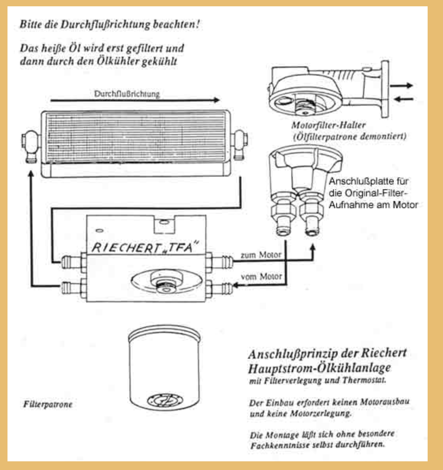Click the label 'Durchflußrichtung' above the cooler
pos(127,94)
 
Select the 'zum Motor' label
pos(261,255)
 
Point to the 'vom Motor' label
pos(261,276)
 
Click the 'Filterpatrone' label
pos(48,404)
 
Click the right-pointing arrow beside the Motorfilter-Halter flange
pos(402,85)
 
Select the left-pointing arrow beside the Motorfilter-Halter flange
pos(403,99)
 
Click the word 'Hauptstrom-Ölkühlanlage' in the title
pos(320,368)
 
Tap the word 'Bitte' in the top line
pos(31,24)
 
